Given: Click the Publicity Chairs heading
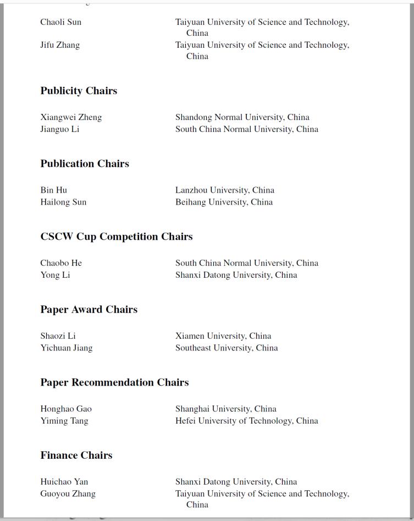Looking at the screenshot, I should click(79, 91).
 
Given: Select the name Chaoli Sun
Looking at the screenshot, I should click(60, 22).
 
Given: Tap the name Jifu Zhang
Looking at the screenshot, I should click(60, 45).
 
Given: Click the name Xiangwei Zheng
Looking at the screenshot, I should click(71, 117).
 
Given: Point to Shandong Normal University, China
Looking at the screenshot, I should click(242, 117).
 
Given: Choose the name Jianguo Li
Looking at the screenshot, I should click(60, 129).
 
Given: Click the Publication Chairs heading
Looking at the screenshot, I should click(85, 164).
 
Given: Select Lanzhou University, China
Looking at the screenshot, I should click(225, 190).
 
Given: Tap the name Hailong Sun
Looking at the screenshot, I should click(63, 202).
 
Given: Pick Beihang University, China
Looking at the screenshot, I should click(224, 202).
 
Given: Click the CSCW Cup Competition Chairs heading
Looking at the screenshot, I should click(117, 237).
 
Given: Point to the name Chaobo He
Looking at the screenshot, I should click(61, 263).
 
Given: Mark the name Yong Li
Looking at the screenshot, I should click(55, 275).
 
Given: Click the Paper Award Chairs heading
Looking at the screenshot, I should click(89, 310).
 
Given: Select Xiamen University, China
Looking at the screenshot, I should click(223, 336).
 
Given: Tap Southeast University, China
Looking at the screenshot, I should click(227, 348).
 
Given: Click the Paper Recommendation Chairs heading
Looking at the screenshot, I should click(114, 382).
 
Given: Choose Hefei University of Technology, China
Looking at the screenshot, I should click(247, 421).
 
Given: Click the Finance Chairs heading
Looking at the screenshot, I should click(76, 456).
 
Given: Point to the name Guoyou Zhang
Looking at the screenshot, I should click(68, 493).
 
